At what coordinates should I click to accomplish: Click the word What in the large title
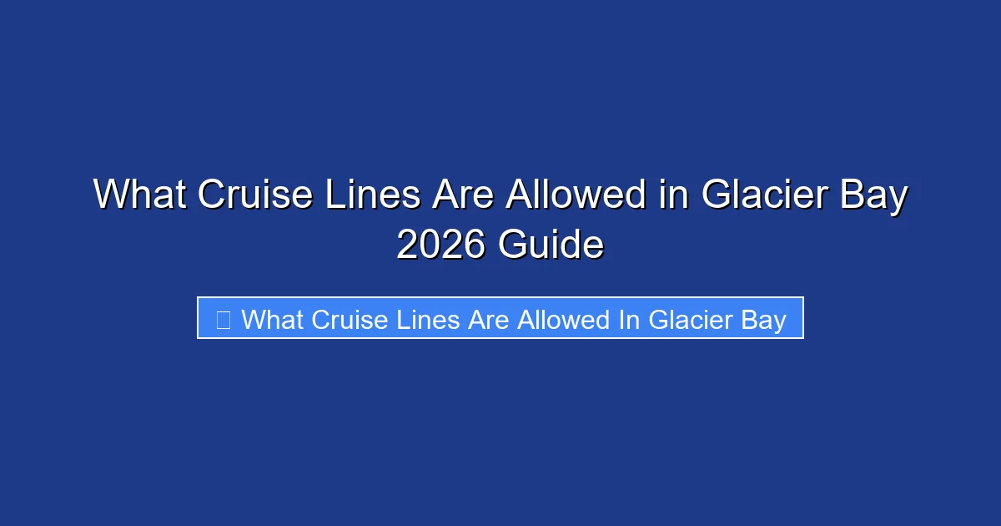(138, 195)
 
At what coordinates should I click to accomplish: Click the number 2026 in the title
(441, 245)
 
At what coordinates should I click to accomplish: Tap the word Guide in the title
(551, 245)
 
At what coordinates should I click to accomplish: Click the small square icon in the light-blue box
(223, 319)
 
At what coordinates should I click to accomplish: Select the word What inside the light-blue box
(269, 319)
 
